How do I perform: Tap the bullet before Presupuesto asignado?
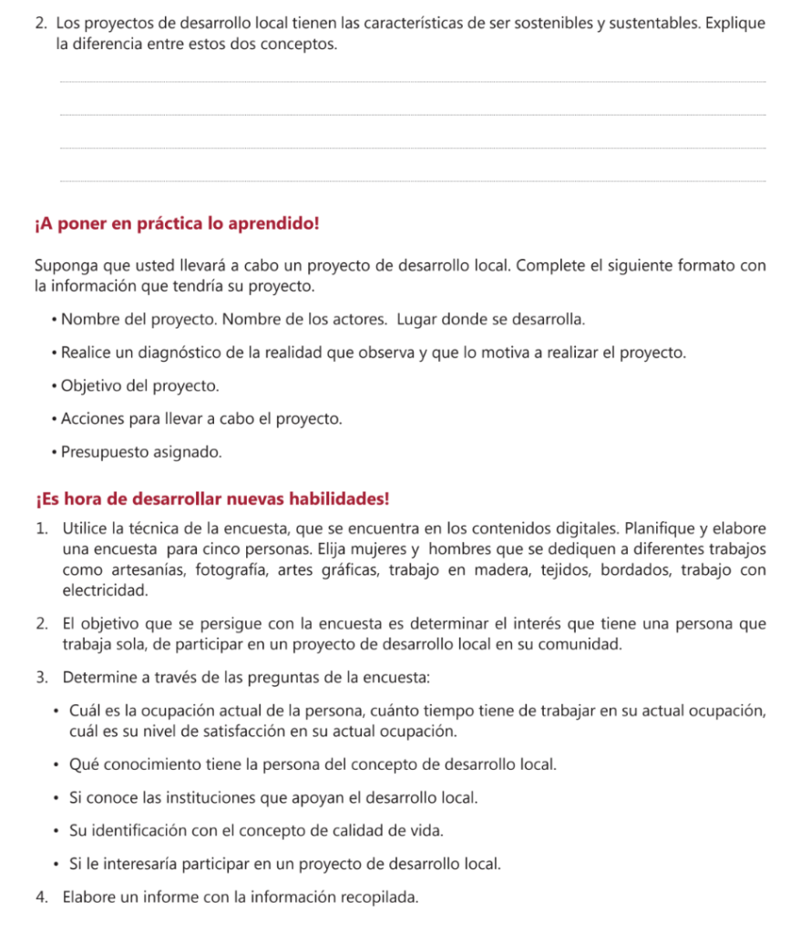click(x=56, y=452)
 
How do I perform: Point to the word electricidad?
click(x=104, y=590)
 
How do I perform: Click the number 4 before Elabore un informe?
click(x=42, y=897)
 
